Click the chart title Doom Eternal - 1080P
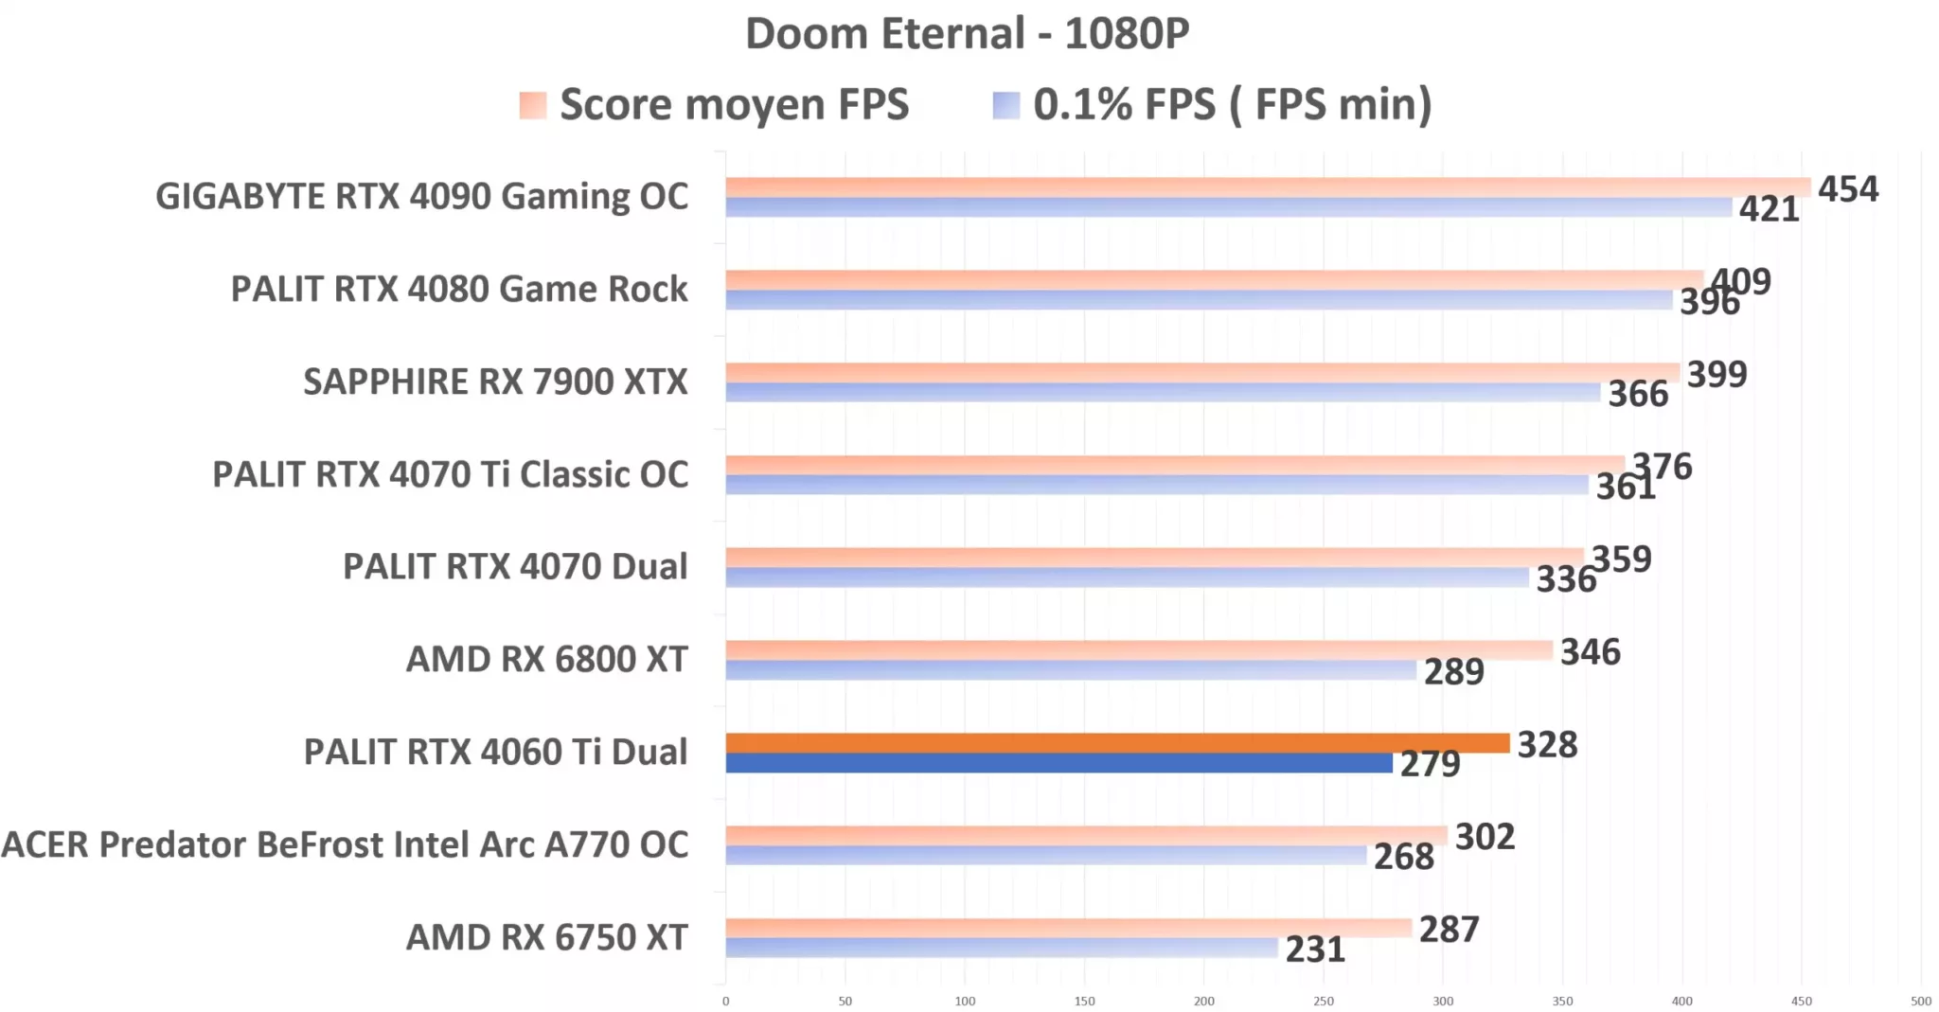pos(967,34)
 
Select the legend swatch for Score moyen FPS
pos(533,105)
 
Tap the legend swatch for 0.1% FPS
pos(1006,105)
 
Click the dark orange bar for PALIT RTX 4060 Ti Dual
pos(1117,743)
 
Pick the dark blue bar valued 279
pos(1058,763)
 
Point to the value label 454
pos(1847,189)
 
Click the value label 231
pos(1315,950)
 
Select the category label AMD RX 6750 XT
pos(546,937)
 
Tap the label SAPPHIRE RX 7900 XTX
pos(495,382)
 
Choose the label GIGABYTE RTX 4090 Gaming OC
pos(421,197)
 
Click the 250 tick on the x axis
pos(1324,1001)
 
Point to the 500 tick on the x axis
pos(1921,1001)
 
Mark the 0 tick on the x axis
pos(726,1001)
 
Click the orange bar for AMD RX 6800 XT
pos(1139,650)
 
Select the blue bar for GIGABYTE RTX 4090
pos(1229,207)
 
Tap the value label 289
pos(1454,672)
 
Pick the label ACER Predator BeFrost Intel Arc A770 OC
pos(345,844)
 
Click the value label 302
pos(1485,837)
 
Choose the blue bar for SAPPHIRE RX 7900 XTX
pos(1163,392)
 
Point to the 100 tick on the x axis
pos(965,1001)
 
